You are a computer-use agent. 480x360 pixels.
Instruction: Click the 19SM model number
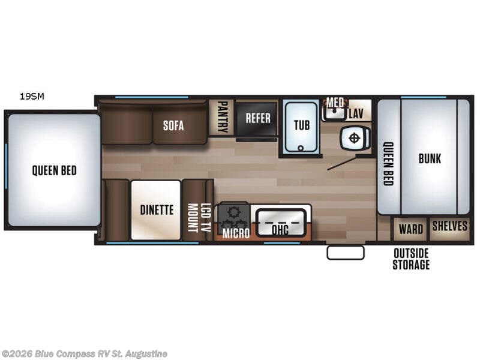(x=31, y=95)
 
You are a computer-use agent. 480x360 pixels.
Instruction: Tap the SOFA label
(x=173, y=126)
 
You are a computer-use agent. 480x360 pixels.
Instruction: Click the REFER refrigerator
(x=257, y=118)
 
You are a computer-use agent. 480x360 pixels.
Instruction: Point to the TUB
(x=301, y=125)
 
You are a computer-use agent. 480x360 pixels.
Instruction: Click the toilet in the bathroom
(x=353, y=139)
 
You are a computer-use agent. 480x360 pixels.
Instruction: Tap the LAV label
(x=356, y=112)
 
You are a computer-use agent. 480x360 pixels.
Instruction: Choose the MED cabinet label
(x=334, y=103)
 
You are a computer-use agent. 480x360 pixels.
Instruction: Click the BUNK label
(x=430, y=158)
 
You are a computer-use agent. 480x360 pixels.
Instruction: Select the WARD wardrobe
(x=410, y=229)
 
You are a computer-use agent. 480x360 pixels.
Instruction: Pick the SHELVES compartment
(x=449, y=226)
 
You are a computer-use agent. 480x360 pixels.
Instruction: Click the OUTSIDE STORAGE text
(x=411, y=259)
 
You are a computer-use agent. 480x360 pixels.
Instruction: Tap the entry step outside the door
(x=346, y=253)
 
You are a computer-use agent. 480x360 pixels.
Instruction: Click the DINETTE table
(x=157, y=210)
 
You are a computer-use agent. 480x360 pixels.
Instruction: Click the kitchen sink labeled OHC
(x=280, y=227)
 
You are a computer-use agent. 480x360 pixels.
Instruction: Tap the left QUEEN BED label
(x=54, y=170)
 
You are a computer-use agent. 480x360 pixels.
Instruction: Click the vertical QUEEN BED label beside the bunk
(x=388, y=163)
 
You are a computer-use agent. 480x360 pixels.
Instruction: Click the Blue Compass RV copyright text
(x=85, y=354)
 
